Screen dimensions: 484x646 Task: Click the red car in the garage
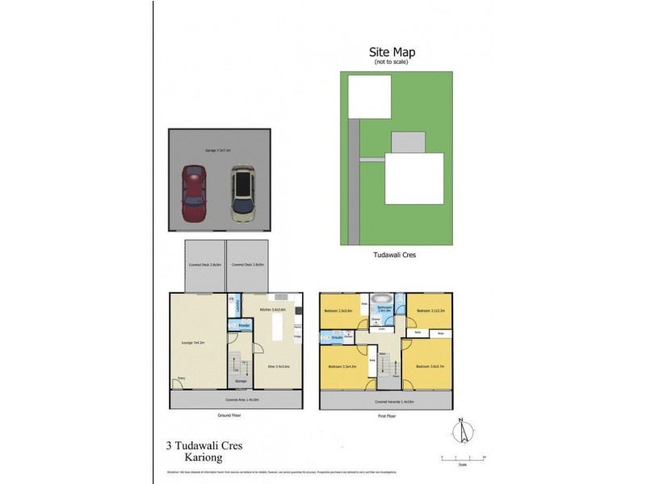(195, 194)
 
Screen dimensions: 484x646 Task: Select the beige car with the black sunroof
(242, 194)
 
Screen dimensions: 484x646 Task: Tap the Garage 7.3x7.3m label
(217, 150)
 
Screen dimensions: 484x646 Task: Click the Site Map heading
(392, 52)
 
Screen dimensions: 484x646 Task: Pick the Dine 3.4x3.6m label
(279, 366)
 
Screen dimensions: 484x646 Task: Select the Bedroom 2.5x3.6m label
(338, 311)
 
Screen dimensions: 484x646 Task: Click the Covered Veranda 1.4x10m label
(395, 401)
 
